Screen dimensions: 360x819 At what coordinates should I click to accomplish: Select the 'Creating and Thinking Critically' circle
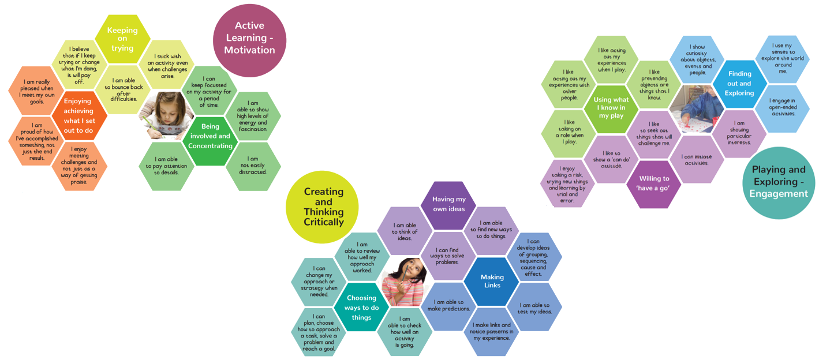click(323, 207)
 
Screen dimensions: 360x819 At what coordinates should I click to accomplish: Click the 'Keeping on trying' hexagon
click(122, 39)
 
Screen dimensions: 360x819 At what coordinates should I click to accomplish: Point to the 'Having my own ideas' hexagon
click(453, 204)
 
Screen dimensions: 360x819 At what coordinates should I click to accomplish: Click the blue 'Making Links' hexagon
click(492, 281)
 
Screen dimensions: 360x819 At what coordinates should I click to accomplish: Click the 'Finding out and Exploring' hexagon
click(740, 84)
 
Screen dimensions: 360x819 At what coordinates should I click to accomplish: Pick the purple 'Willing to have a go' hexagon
click(654, 183)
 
